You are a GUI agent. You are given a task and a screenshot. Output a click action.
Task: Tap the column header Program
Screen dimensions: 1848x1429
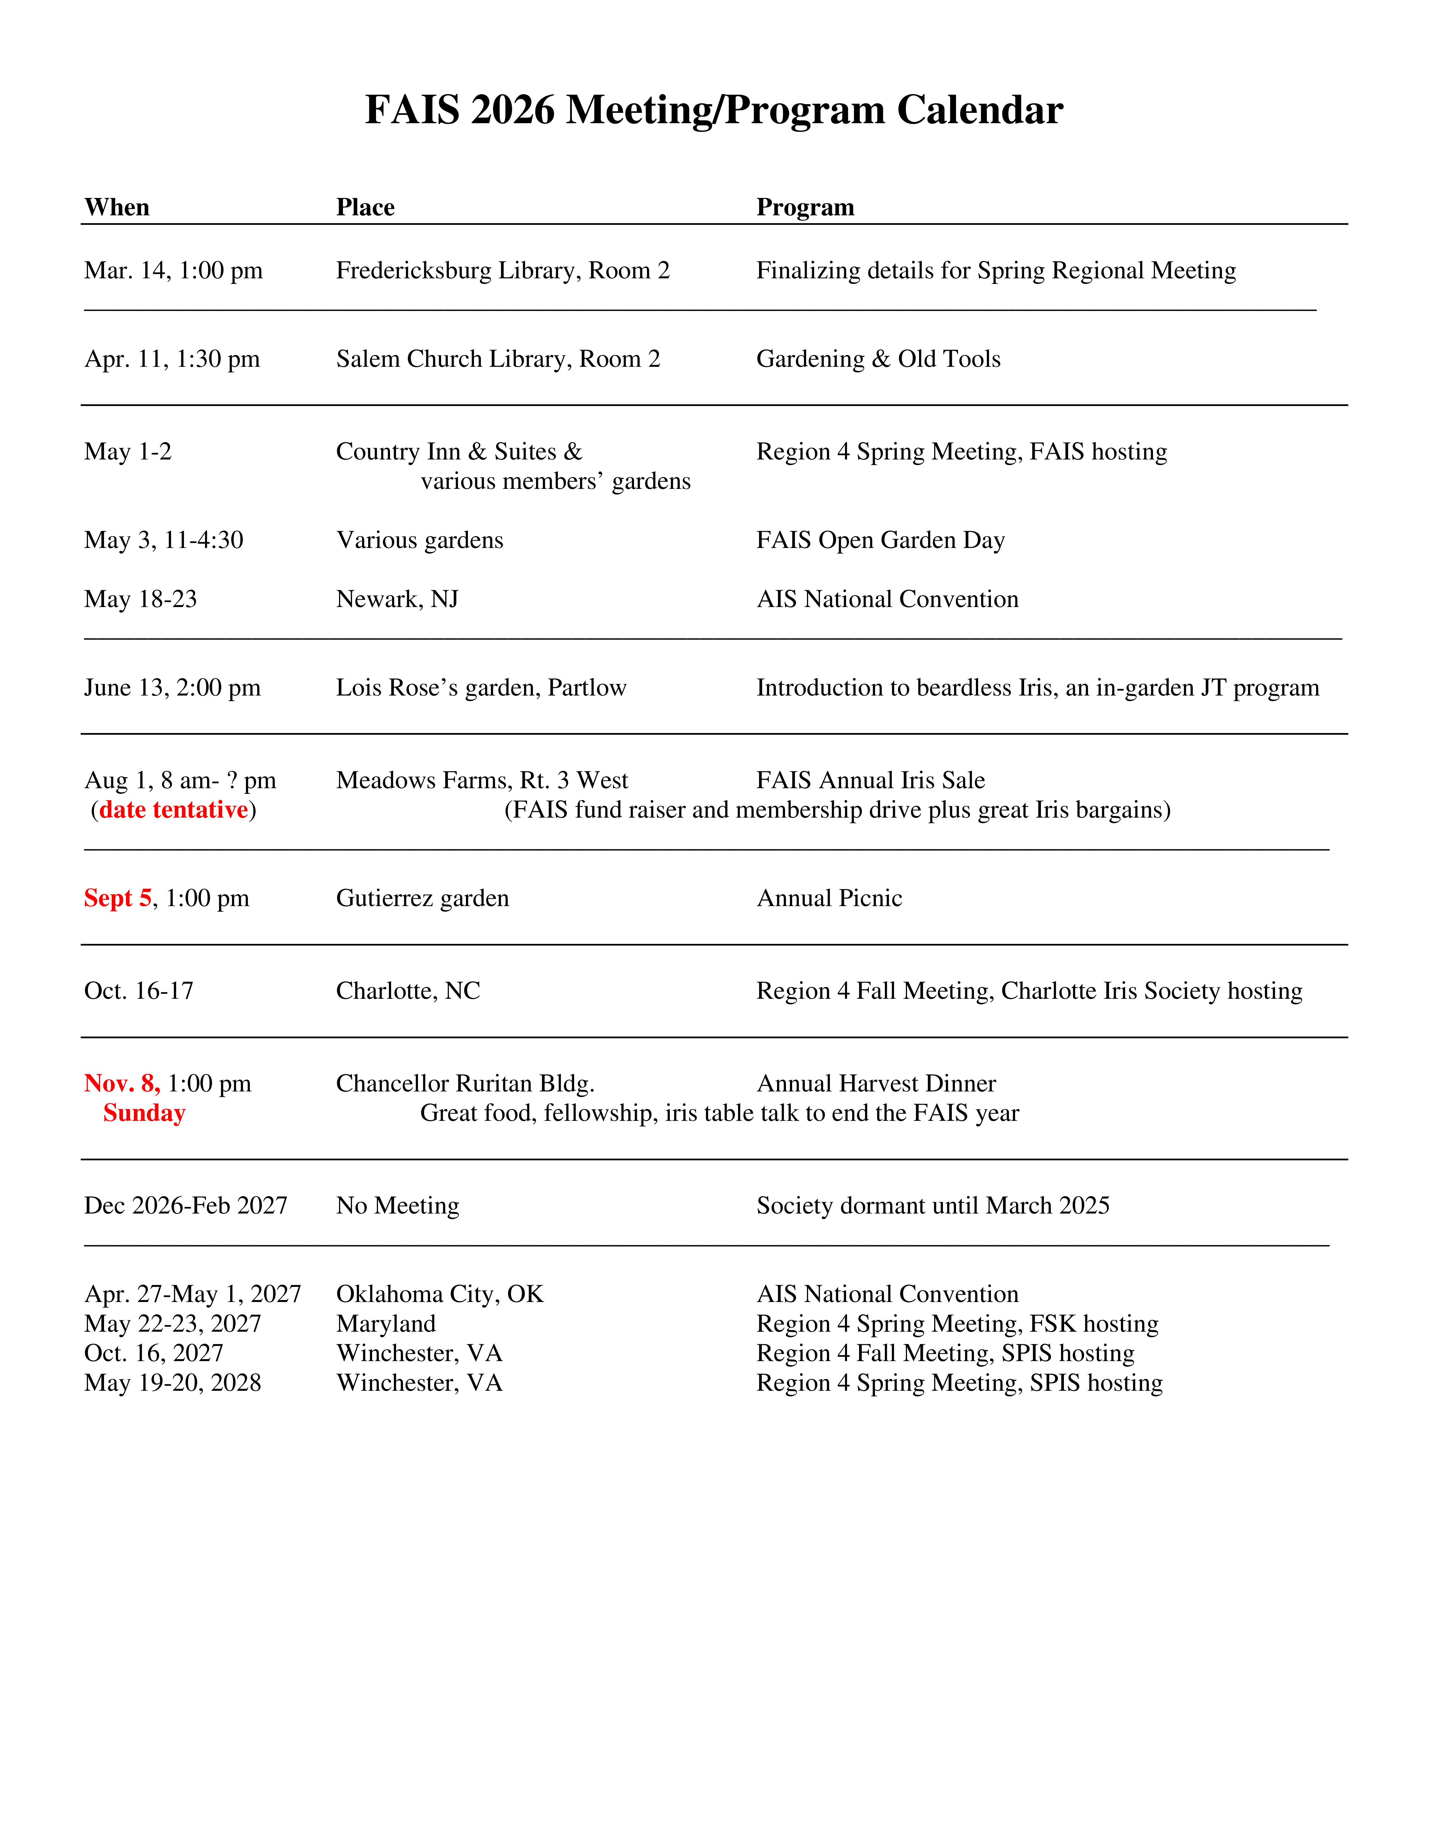coord(805,207)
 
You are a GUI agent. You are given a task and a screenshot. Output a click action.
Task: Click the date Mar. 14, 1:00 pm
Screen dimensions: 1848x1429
coord(173,271)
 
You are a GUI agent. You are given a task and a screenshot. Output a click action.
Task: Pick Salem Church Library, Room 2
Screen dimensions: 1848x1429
coord(498,359)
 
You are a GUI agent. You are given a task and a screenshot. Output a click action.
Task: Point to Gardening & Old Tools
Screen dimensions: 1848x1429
coord(878,359)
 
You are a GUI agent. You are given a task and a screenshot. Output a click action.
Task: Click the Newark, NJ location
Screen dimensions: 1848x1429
coord(397,599)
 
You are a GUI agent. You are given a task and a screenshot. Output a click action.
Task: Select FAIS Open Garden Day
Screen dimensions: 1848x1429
coord(880,540)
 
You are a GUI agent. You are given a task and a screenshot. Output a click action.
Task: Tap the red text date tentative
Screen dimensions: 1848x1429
coord(173,810)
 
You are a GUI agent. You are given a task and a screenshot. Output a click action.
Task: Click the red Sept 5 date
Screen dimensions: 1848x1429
coord(118,898)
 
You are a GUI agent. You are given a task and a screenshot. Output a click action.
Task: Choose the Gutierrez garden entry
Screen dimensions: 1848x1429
coord(423,898)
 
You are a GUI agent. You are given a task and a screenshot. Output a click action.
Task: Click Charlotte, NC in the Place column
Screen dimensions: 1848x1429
coord(408,991)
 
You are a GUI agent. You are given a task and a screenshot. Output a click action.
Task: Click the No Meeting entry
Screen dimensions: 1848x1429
coord(398,1206)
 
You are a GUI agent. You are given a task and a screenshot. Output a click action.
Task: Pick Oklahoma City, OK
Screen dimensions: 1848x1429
coord(439,1294)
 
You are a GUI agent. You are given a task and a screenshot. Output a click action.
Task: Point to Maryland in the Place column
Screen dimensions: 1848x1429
coord(386,1323)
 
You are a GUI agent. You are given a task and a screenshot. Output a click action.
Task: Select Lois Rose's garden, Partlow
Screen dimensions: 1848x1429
coord(481,688)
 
